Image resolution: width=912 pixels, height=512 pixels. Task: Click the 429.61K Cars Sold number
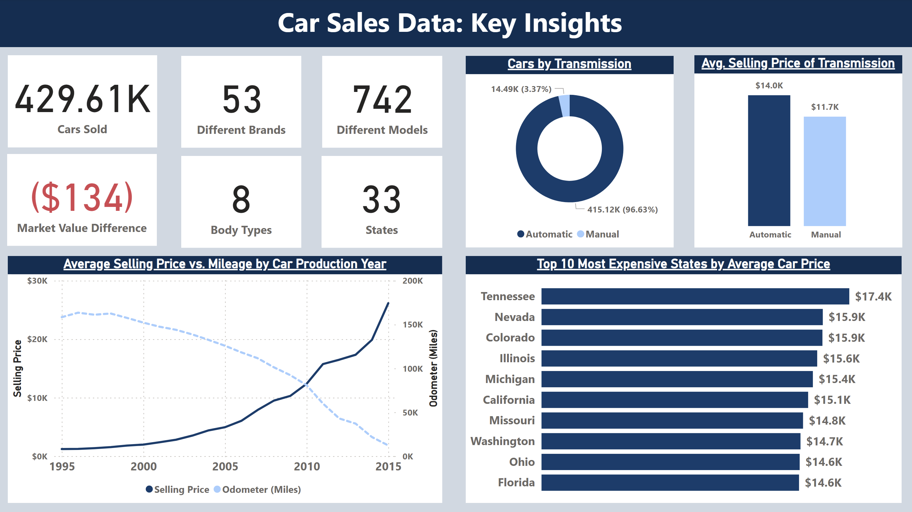pyautogui.click(x=82, y=99)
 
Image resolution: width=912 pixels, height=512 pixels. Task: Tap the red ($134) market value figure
pyautogui.click(x=82, y=198)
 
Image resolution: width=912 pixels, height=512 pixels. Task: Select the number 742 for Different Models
pyautogui.click(x=382, y=100)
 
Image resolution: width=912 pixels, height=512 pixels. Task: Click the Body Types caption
pyautogui.click(x=241, y=230)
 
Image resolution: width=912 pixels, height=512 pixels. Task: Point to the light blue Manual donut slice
pyautogui.click(x=565, y=106)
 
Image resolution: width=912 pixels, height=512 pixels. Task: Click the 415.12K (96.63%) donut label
pyautogui.click(x=622, y=210)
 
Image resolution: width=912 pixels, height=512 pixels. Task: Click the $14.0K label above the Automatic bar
pyautogui.click(x=769, y=85)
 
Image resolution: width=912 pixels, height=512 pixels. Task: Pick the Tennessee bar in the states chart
pyautogui.click(x=695, y=296)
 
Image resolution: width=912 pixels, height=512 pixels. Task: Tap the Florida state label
pyautogui.click(x=516, y=483)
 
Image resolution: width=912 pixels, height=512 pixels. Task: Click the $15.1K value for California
pyautogui.click(x=832, y=400)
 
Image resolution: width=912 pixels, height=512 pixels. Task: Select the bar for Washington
pyautogui.click(x=671, y=441)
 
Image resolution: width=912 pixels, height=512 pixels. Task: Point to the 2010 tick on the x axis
pyautogui.click(x=307, y=466)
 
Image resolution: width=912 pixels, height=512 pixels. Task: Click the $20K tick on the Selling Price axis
pyautogui.click(x=37, y=339)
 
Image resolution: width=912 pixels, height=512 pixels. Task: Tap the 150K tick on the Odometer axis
pyautogui.click(x=412, y=325)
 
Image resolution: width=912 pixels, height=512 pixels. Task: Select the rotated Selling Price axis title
pyautogui.click(x=17, y=368)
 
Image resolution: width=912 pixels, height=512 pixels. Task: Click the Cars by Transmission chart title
pyautogui.click(x=569, y=64)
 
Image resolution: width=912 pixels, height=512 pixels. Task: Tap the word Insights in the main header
pyautogui.click(x=573, y=23)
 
